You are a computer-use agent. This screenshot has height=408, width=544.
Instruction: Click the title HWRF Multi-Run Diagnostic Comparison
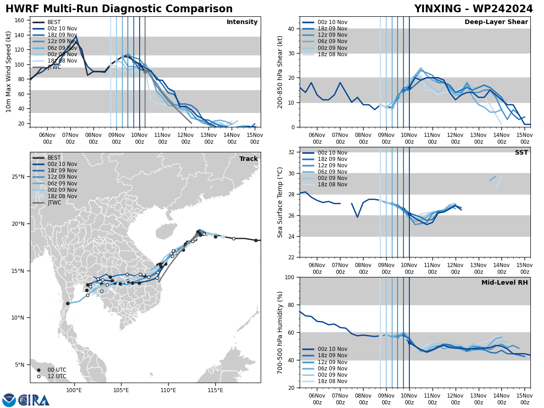[x=119, y=9]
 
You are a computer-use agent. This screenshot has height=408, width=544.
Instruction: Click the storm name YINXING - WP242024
[x=473, y=9]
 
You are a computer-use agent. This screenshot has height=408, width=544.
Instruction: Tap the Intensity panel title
[x=242, y=22]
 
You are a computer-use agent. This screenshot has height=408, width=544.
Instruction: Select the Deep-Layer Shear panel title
[x=496, y=22]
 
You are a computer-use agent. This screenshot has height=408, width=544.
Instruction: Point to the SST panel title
[x=521, y=153]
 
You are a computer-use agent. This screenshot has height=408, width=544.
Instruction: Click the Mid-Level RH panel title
[x=505, y=283]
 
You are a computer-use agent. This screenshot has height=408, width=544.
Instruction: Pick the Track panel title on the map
[x=248, y=159]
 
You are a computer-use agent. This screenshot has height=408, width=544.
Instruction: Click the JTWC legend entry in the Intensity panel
[x=54, y=67]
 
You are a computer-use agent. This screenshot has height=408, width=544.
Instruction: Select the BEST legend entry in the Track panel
[x=54, y=158]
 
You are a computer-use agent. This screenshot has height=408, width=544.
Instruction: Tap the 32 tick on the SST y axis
[x=291, y=152]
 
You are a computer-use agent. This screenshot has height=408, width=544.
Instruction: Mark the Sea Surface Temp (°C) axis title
[x=281, y=202]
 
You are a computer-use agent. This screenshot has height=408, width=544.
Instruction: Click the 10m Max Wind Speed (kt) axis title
[x=9, y=72]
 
